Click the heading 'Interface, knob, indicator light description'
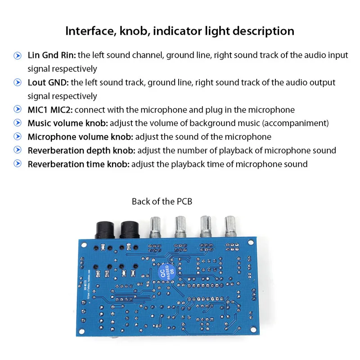pos(180,31)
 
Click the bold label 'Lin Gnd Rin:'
pos(52,55)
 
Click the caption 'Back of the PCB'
pos(162,201)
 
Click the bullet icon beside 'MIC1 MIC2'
pos(18,110)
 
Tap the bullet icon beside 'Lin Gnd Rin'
pos(18,56)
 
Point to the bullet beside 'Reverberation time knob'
pos(18,164)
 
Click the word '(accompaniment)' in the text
pos(300,123)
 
